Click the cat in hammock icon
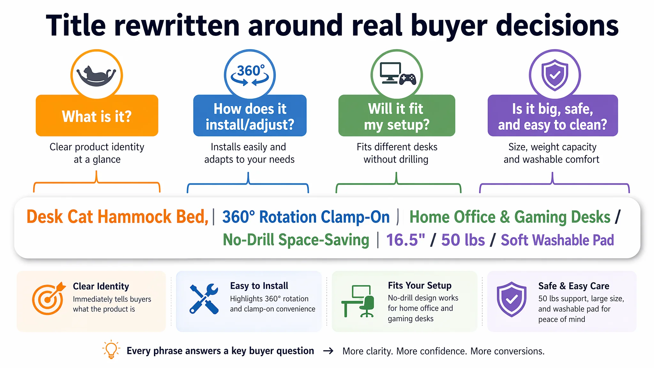pos(96,76)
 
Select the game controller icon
pos(408,79)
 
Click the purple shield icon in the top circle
pos(555,75)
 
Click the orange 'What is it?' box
pos(97,115)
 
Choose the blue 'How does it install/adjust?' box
pos(250,115)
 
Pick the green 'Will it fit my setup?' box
pos(397,115)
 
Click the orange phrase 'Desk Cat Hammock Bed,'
pos(118,217)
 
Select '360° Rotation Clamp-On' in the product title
pos(306,217)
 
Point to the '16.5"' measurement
pos(406,240)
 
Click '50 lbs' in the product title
pos(463,240)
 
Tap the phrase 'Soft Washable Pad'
pos(557,240)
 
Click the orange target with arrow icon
pos(48,298)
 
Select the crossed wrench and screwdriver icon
pos(204,298)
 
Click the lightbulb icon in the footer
pos(111,349)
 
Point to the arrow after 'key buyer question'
pos(328,351)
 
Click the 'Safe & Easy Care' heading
pos(574,286)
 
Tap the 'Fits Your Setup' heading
pos(420,285)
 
